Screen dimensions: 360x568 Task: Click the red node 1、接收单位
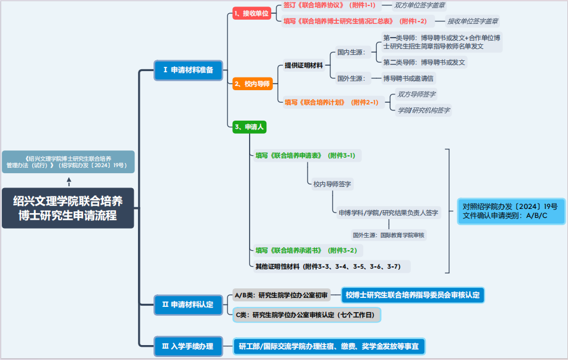pos(252,13)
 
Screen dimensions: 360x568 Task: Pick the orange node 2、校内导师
pos(253,84)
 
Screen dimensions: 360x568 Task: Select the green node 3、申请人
pos(249,127)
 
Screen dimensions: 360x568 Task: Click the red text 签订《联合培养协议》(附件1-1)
pos(329,5)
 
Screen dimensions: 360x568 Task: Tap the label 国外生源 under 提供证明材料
pos(351,78)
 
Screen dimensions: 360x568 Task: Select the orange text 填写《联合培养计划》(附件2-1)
pos(331,102)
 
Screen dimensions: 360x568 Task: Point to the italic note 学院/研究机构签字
pos(423,110)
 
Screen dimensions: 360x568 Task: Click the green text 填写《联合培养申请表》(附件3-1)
pos(305,155)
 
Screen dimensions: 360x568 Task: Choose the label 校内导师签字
pos(332,184)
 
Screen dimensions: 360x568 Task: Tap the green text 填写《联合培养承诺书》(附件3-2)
pos(306,250)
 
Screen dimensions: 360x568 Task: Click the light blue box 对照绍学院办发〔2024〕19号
pos(511,211)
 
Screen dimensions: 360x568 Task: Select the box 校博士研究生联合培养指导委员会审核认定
pos(412,295)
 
